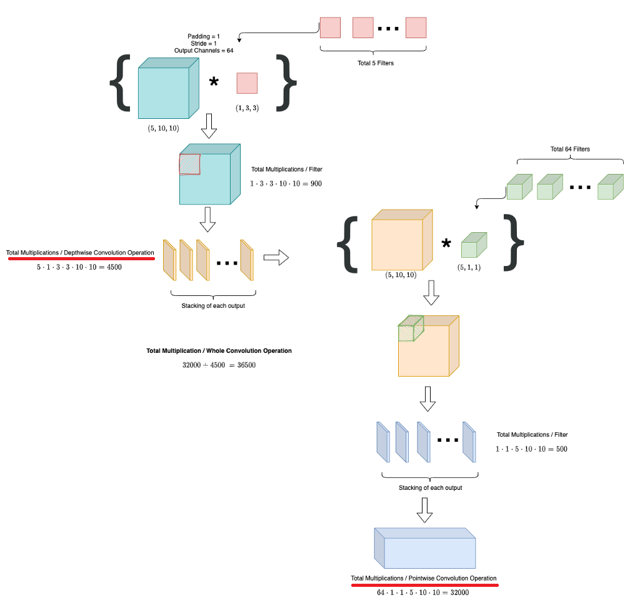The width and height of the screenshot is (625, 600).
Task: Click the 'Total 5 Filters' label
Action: pos(376,63)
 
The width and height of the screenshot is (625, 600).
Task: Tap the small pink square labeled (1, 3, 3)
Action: pos(247,83)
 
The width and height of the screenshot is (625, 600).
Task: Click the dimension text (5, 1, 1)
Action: pos(474,267)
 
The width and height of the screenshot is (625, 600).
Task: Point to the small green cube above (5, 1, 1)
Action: pos(474,245)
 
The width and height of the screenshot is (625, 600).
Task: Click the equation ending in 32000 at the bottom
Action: pos(422,592)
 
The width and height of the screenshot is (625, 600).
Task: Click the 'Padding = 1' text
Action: pos(204,36)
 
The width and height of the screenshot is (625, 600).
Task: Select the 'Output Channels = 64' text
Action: pos(204,50)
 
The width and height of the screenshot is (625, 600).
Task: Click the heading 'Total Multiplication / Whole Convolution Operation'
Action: pos(219,351)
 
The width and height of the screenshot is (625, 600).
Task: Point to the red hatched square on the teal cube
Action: pos(189,164)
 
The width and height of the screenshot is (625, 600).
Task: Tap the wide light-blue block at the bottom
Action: pos(425,548)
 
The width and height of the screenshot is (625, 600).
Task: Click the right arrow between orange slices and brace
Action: pos(276,257)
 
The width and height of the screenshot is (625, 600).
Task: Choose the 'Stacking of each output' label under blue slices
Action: pos(430,487)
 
